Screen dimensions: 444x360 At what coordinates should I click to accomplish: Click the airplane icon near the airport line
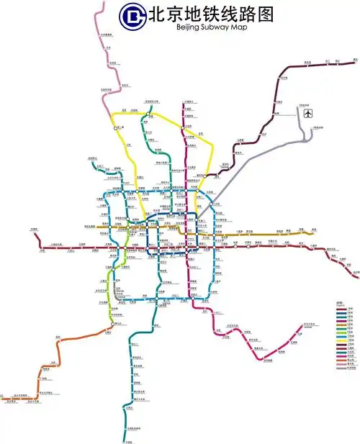[310, 114]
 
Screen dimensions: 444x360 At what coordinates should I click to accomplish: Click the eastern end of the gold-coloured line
[314, 232]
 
